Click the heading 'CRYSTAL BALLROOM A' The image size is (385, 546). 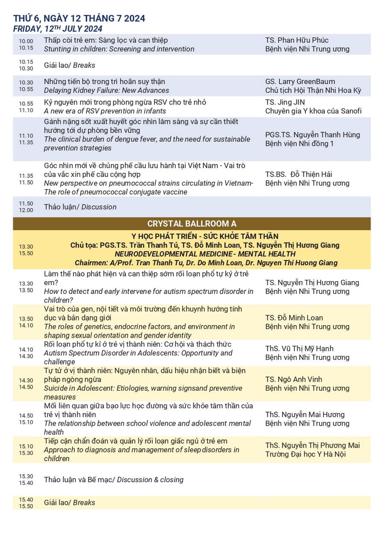tap(192, 224)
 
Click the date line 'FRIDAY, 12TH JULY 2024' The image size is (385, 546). tap(58, 29)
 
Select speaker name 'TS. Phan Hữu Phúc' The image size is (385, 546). tap(297, 40)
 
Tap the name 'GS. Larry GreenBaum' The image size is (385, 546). tap(300, 82)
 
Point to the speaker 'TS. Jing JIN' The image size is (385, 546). tap(285, 102)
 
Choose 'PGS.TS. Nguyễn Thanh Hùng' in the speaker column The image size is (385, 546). tap(312, 135)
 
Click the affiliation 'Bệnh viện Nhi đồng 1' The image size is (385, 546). tap(299, 144)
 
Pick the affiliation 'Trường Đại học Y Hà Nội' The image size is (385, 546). tap(305, 454)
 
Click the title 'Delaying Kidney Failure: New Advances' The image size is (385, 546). tap(107, 90)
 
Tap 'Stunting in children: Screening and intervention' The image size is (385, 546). tap(119, 49)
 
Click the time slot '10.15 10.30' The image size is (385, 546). tap(26, 65)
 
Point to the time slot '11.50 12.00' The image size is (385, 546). tap(26, 207)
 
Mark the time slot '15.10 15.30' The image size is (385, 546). tap(26, 450)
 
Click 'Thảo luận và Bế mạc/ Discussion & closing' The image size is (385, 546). tap(114, 480)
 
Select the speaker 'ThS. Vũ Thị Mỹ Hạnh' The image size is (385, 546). tap(299, 349)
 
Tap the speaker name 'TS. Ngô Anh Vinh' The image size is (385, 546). tap(293, 380)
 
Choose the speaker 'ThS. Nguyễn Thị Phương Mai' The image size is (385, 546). tap(312, 445)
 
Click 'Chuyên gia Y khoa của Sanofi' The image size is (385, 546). tap(313, 111)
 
